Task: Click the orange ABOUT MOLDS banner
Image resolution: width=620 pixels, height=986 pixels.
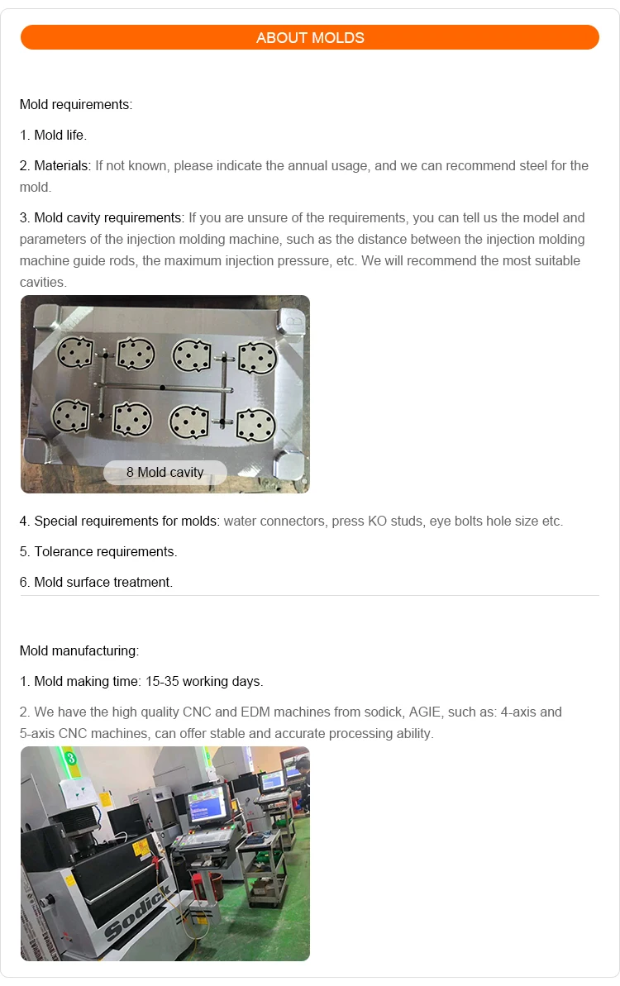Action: pos(309,37)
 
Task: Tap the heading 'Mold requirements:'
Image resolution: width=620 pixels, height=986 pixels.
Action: pos(76,105)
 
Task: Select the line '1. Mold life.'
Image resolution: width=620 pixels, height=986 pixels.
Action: pos(53,135)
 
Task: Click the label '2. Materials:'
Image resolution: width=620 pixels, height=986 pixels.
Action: pos(55,165)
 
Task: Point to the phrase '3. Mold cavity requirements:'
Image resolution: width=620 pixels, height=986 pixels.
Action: pos(102,218)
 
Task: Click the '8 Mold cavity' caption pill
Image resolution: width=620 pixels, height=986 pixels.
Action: pos(165,472)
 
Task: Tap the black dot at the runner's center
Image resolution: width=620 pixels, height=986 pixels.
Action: pos(163,388)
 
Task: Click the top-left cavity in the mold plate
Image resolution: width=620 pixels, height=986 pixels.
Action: pos(74,353)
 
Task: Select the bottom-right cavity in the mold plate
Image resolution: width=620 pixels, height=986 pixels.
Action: pos(255,424)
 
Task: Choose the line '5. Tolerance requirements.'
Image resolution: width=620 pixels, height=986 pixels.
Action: pos(98,551)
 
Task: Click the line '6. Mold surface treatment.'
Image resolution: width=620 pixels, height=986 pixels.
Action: pos(96,582)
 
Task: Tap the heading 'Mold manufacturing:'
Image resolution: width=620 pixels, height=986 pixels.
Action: pos(79,650)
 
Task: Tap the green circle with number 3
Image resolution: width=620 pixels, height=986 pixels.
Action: pos(70,756)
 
